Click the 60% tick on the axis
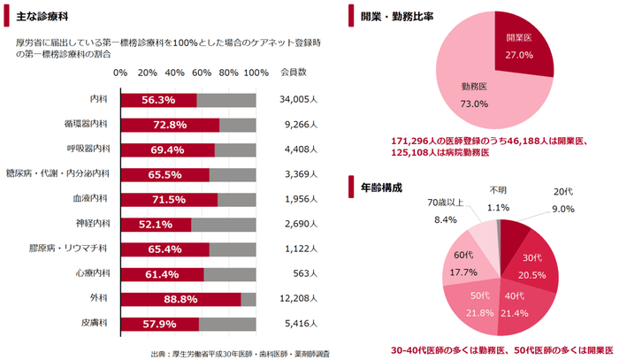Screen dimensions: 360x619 pyautogui.click(x=202, y=72)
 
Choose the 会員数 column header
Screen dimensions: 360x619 pyautogui.click(x=293, y=72)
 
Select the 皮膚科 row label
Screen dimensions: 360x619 pyautogui.click(x=95, y=324)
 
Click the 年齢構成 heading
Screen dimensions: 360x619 pyautogui.click(x=381, y=188)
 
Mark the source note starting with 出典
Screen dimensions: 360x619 pyautogui.click(x=241, y=353)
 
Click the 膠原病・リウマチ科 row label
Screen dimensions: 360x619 pyautogui.click(x=72, y=249)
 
